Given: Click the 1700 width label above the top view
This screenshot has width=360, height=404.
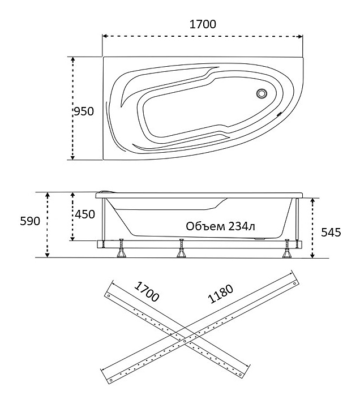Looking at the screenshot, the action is click(203, 24).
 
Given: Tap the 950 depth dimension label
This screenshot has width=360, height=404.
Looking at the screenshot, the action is click(84, 111).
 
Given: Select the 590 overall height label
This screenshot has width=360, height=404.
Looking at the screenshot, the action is click(30, 221).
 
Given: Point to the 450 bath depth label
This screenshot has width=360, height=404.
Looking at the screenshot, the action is click(85, 214).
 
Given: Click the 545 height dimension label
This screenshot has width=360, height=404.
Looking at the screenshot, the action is click(331, 233).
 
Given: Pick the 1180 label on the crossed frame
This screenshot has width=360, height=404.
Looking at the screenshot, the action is click(221, 294).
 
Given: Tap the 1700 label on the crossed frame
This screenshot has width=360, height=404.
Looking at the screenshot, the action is click(147, 291).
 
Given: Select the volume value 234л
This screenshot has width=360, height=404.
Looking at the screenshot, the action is click(238, 226).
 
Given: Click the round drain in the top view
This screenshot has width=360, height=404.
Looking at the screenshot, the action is click(262, 93).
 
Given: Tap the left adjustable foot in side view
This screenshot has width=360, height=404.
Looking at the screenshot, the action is click(121, 248).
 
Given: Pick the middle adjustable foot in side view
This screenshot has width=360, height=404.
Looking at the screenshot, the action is click(182, 248).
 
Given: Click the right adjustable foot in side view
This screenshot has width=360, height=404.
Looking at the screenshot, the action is click(286, 248).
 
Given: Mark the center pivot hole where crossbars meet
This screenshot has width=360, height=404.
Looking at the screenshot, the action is click(185, 341).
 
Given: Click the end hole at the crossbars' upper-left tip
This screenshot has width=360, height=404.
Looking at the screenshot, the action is click(109, 296).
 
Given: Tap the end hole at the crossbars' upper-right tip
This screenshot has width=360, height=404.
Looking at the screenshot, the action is click(294, 283).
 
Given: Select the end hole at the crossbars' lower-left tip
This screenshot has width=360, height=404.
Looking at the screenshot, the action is click(111, 380).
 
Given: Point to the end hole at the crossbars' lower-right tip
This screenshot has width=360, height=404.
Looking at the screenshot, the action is click(241, 375).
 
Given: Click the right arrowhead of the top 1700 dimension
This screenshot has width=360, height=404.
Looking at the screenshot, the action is click(300, 36).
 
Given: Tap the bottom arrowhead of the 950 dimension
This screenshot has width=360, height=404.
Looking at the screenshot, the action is click(73, 157).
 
